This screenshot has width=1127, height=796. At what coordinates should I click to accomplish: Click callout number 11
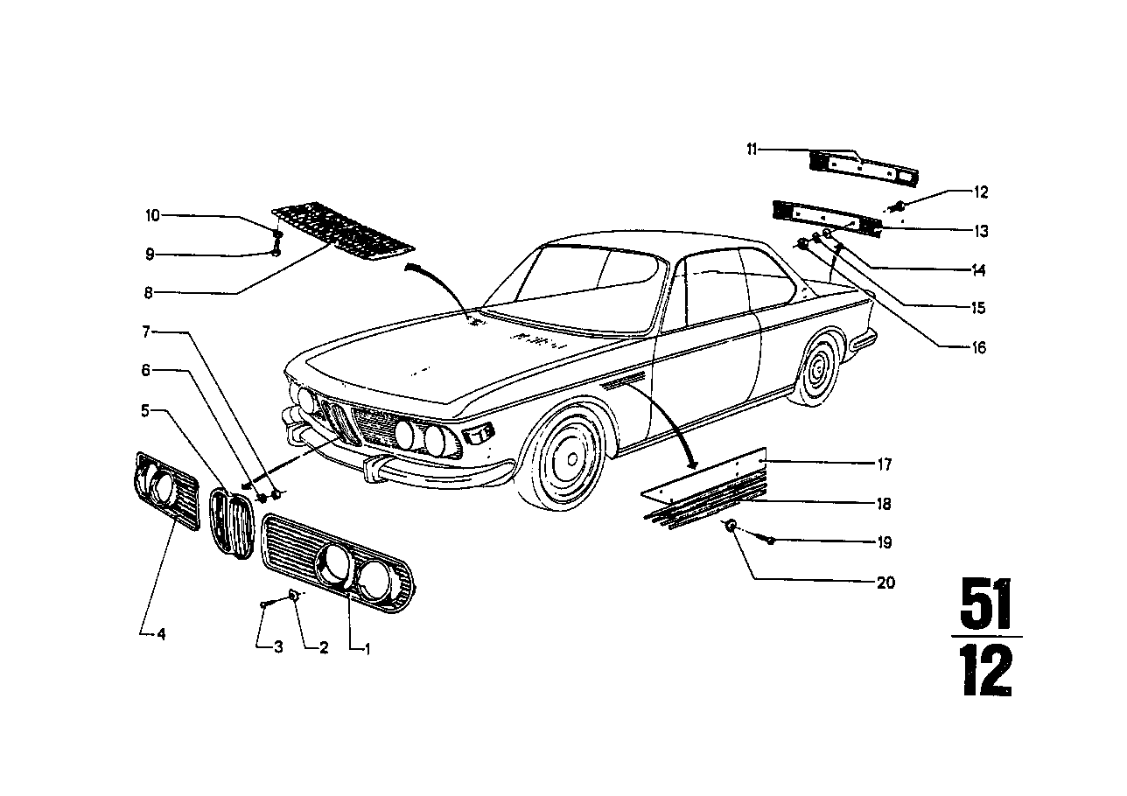pyautogui.click(x=752, y=150)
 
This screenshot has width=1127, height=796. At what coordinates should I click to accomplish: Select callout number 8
pyautogui.click(x=150, y=291)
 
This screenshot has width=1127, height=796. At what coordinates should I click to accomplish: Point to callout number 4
pyautogui.click(x=160, y=634)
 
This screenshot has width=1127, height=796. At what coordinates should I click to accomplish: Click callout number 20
pyautogui.click(x=885, y=583)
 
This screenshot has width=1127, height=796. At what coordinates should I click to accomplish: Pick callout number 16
pyautogui.click(x=978, y=348)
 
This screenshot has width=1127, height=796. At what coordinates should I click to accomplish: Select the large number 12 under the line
pyautogui.click(x=986, y=672)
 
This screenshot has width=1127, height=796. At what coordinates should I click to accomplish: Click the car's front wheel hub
pyautogui.click(x=570, y=457)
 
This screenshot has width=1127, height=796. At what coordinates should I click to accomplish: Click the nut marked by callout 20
pyautogui.click(x=731, y=527)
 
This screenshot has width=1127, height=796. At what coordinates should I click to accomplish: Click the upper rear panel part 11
pyautogui.click(x=862, y=166)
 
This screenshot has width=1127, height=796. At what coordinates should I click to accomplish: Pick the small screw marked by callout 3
pyautogui.click(x=264, y=604)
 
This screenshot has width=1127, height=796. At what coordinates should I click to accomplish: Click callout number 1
pyautogui.click(x=367, y=649)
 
